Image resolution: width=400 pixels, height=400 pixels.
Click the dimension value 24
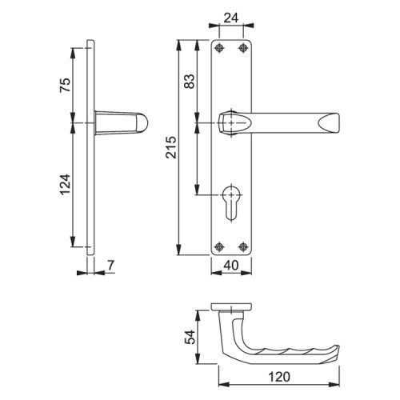pos(231,18)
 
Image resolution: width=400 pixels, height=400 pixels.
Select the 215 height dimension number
pos(171,147)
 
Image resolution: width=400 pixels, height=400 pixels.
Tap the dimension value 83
pos(190,82)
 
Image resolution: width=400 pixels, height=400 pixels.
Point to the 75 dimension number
pos(65,85)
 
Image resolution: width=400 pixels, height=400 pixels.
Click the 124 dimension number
pos(65,185)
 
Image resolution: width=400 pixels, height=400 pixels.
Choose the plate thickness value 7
pos(110,265)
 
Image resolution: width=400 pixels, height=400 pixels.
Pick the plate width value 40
pos(231,266)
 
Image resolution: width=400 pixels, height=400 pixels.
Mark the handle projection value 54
pos(190,337)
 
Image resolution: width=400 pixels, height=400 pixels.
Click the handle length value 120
pos(279,377)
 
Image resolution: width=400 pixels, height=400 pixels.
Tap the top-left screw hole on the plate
pos(219,48)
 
